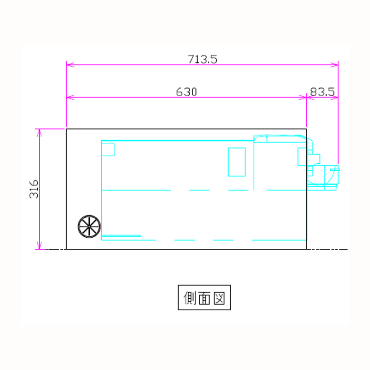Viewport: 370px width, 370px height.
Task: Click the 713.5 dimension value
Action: pos(202,59)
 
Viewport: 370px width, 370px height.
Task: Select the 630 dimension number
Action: pos(186,92)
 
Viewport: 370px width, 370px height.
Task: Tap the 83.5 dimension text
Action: pos(322,92)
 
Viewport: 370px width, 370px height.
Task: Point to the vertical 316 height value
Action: pos(34,189)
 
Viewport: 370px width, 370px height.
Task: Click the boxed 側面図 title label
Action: pos(204,297)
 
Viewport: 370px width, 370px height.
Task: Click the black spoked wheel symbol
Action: pos(89,227)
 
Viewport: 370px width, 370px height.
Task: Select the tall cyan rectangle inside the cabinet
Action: pos(237,162)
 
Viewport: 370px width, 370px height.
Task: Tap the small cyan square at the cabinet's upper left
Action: pos(108,149)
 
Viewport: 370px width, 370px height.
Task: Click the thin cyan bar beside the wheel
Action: pos(121,236)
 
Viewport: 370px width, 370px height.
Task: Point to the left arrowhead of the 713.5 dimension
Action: pos(70,64)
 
